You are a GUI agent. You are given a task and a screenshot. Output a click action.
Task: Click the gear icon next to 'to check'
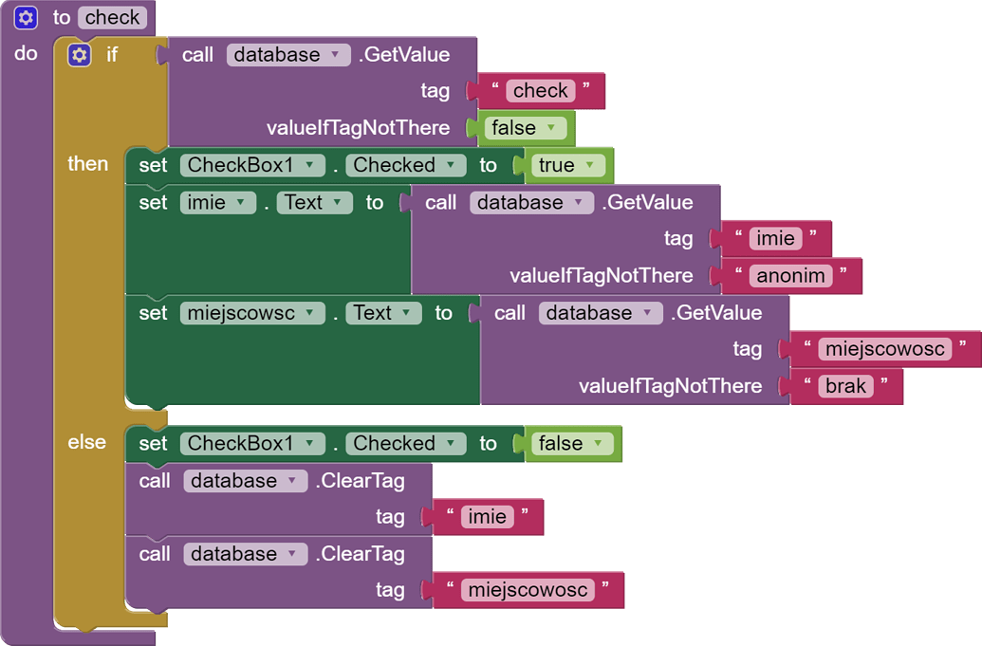pos(27,17)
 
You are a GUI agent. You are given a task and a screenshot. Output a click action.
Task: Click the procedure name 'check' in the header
pos(113,17)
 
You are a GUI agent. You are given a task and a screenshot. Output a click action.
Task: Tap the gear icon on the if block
pos(80,55)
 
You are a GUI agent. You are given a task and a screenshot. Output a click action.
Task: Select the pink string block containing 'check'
pos(541,91)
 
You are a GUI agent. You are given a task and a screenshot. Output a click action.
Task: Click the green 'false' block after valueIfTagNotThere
pos(523,128)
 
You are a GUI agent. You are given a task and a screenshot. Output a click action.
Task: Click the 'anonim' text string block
pos(790,276)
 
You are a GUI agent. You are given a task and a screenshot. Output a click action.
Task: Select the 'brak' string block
pos(845,386)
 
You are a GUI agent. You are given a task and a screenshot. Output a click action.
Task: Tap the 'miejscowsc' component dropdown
pos(251,313)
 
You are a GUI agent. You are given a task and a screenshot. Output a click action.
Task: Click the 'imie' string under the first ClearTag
pos(488,517)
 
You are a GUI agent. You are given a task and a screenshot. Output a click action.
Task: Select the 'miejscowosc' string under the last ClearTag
pos(528,590)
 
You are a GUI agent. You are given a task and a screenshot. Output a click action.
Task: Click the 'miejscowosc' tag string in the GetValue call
pos(884,349)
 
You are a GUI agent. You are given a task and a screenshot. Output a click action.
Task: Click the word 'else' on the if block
pos(86,442)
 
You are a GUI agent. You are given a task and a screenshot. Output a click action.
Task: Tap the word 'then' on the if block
pos(87,163)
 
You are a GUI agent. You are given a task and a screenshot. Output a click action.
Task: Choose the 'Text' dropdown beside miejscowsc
pos(382,313)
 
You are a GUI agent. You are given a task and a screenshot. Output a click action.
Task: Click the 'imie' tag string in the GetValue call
pos(776,239)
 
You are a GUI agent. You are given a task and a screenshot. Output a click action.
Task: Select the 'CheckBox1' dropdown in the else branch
pos(251,443)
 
